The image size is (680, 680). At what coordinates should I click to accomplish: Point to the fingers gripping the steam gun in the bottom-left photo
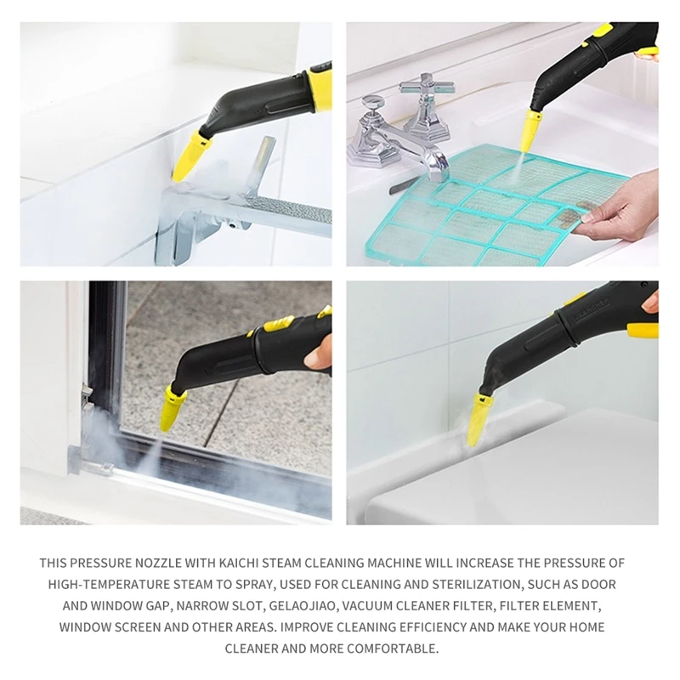click(x=318, y=352)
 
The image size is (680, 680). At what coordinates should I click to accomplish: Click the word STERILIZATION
click(x=467, y=585)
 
